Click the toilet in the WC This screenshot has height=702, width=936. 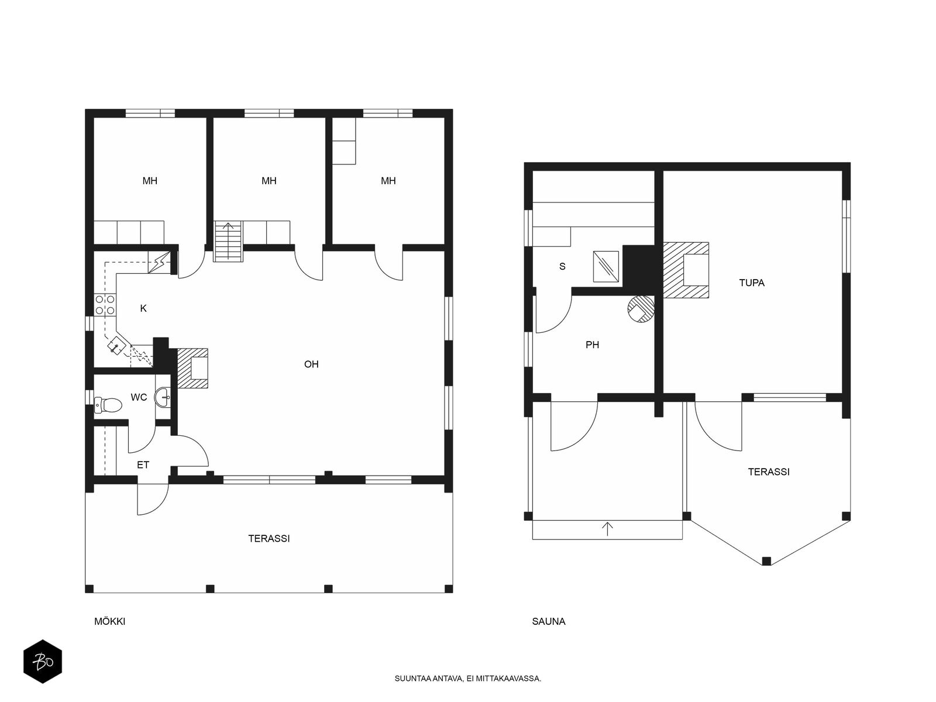[108, 405]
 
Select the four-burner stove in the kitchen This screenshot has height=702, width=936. [105, 305]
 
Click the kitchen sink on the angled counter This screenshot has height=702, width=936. [116, 345]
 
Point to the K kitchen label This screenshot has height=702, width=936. [143, 308]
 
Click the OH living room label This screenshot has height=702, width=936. [311, 364]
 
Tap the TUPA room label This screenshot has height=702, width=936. [752, 283]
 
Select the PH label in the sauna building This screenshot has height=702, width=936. [592, 345]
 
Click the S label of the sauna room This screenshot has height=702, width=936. [562, 266]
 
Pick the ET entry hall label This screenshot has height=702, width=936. [143, 465]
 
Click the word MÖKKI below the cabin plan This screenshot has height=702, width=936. [109, 621]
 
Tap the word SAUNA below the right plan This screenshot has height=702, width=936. [548, 621]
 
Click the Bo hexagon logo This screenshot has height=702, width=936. [43, 662]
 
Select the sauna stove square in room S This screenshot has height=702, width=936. [606, 266]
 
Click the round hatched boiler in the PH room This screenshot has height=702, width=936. [641, 309]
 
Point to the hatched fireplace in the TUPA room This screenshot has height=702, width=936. [686, 270]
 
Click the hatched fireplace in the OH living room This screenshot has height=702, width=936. [192, 369]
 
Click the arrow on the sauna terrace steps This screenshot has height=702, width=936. [607, 529]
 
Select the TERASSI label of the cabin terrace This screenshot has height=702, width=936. [269, 538]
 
